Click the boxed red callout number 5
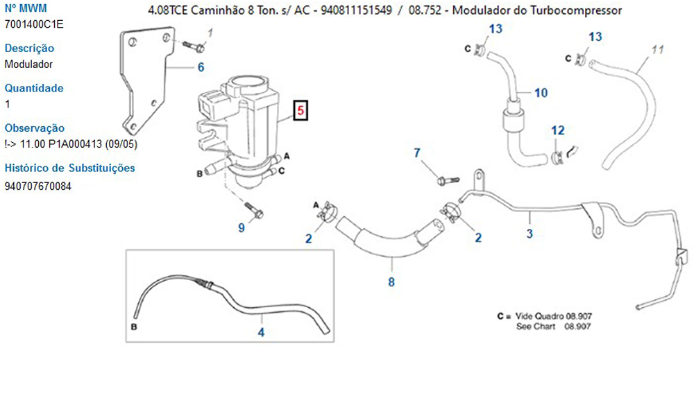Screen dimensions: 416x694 pos(301,111)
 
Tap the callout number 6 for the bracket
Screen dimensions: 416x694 pos(201,67)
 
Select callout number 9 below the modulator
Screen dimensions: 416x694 pos(242,227)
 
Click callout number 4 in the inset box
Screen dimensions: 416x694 pos(261,332)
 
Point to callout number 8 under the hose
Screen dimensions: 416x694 pos(391,282)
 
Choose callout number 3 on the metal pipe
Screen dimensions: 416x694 pos(530,234)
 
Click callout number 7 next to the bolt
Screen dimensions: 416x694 pos(417,153)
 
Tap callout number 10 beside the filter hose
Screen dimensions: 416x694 pos(541,92)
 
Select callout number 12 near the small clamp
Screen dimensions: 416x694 pos(558,130)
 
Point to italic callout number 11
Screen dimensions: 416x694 pos(659,50)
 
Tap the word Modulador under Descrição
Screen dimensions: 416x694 pos(28,64)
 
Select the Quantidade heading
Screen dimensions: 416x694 pos(34,88)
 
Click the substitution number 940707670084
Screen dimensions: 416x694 pos(37,186)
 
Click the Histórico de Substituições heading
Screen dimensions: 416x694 pos(69,168)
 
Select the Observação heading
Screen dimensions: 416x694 pos(34,128)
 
